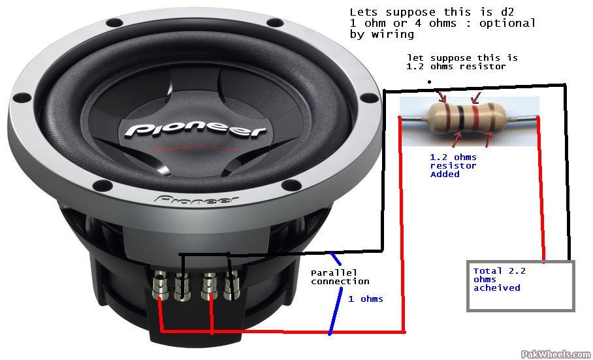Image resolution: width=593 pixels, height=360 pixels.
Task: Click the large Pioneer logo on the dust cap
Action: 195,130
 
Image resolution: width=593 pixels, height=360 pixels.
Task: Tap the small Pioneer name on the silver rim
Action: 197,199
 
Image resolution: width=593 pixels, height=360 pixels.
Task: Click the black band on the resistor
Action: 460,117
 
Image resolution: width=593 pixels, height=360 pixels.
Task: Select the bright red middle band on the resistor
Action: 475,118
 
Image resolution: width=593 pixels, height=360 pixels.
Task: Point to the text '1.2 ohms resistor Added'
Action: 453,166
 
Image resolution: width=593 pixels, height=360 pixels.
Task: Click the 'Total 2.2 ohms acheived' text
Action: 499,280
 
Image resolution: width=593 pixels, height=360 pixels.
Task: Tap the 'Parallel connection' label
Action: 340,277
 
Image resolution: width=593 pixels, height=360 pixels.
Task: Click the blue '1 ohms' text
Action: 365,299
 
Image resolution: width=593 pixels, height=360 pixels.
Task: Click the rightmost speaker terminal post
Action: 231,285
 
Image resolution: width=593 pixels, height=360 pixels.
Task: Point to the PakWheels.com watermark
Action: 556,354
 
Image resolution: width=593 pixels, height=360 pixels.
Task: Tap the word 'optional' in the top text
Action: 507,24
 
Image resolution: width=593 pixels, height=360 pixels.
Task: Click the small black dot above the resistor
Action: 429,81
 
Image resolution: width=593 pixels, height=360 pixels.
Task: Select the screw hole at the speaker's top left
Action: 114,23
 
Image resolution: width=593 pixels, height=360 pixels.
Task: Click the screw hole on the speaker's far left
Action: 22,97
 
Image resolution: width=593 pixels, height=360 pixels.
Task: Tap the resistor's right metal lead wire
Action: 521,119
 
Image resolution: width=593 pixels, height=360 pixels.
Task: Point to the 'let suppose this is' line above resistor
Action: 462,58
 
